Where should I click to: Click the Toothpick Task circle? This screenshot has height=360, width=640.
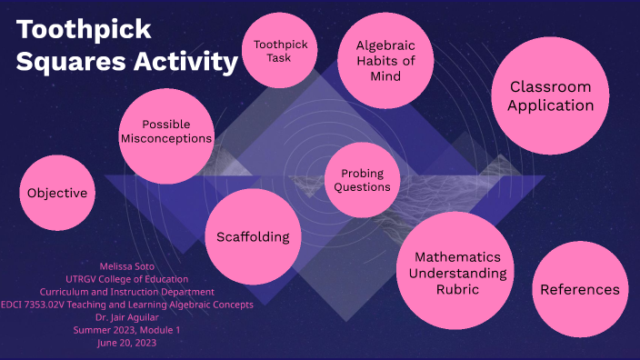point(279,51)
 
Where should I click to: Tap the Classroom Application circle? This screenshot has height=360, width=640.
point(550,96)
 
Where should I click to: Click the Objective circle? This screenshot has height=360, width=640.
point(57,193)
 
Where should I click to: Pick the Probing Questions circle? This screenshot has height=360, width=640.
point(362,180)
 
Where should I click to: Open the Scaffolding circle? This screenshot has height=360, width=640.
point(253,236)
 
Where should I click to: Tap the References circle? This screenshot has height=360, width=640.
point(579,289)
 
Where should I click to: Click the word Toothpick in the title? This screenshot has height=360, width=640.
point(84,30)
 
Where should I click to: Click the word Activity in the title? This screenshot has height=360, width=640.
point(187,64)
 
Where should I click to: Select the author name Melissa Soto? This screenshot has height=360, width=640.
point(127,266)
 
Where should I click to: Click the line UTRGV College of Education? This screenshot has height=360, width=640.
point(127,279)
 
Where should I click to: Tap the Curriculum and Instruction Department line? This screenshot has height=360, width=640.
point(127,292)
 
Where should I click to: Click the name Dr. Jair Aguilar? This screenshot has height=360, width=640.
point(127,317)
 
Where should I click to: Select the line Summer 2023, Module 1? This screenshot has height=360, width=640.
point(127,330)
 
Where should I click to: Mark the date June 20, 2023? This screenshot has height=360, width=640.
point(127,343)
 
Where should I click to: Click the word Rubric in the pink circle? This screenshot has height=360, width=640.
point(452,290)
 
